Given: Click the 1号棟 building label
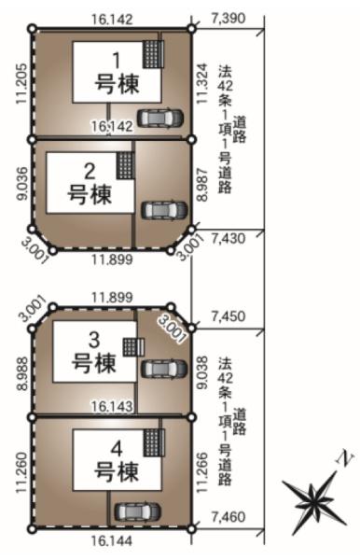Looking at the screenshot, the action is [117, 74].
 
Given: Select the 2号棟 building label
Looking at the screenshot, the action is [90, 184].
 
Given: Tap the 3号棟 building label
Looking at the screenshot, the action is [94, 353].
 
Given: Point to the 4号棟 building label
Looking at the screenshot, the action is [117, 461].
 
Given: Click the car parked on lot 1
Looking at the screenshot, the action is [160, 118].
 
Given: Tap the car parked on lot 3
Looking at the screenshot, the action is [164, 369].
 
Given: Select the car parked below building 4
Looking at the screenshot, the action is [138, 511].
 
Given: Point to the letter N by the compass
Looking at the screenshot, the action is [344, 459].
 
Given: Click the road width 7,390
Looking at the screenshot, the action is [228, 19].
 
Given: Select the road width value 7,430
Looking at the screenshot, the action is [228, 238].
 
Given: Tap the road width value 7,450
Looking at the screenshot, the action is [228, 316].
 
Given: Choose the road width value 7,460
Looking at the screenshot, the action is [228, 516].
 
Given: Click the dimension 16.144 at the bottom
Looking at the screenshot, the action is [112, 540].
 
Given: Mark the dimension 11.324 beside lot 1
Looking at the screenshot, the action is [202, 84].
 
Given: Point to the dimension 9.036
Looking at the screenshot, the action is [21, 184].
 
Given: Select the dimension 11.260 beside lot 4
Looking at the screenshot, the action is [21, 473].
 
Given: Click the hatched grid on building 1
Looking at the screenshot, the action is [153, 54].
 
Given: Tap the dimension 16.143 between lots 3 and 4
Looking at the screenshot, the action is [112, 406].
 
